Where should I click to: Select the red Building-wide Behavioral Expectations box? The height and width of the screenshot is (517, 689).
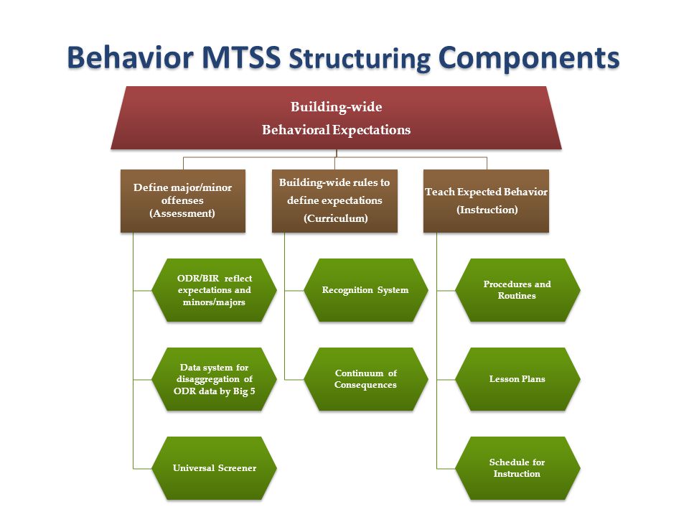(x=336, y=118)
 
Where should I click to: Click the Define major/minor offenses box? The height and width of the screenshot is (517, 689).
(x=183, y=200)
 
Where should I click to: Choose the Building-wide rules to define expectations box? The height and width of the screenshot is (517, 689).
(x=334, y=200)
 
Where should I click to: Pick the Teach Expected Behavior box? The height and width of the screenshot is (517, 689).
(x=486, y=200)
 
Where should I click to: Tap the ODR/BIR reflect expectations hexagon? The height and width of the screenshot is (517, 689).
(x=214, y=290)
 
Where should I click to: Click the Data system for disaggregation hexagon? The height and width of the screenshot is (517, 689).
(x=214, y=379)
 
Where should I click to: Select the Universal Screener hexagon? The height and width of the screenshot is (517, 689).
(x=214, y=468)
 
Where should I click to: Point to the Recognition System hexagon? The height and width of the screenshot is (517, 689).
(x=365, y=290)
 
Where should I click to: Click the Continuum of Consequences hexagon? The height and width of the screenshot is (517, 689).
(x=365, y=379)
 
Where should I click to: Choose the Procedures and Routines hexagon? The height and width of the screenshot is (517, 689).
(x=517, y=290)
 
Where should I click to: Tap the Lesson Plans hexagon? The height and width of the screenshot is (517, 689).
(x=517, y=379)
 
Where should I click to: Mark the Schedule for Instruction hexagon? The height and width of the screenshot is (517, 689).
(x=517, y=468)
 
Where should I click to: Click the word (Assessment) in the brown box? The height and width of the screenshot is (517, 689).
(x=183, y=213)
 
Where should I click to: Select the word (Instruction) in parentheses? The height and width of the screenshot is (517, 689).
(x=487, y=210)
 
